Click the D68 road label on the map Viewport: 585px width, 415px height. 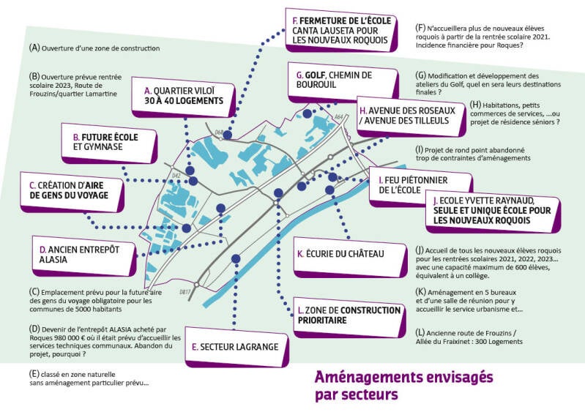[219, 132]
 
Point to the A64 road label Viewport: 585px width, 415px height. [338, 116]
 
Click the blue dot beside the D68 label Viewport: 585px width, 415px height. [227, 135]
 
